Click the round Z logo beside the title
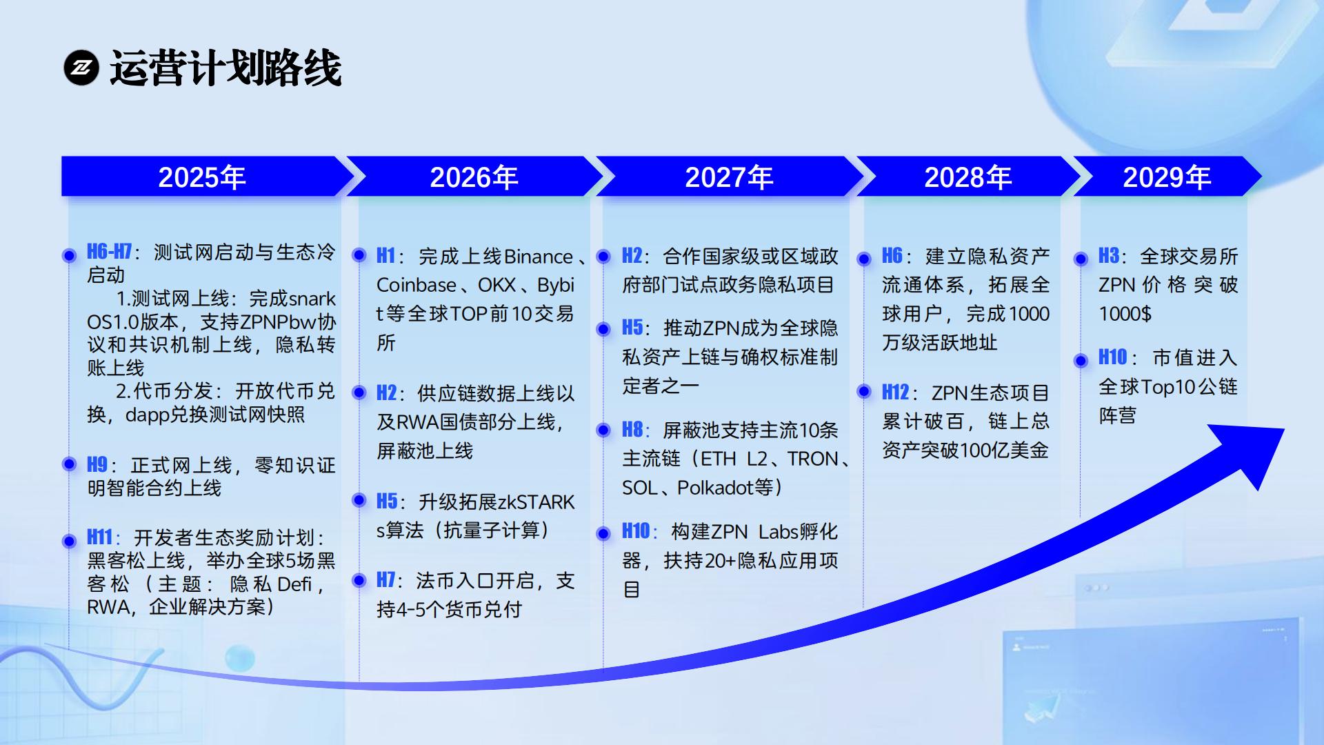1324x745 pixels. tap(81, 68)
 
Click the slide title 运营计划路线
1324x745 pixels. tap(225, 68)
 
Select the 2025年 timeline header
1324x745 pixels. tap(202, 177)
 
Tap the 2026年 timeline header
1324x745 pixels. tap(474, 177)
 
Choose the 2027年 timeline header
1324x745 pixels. tap(729, 177)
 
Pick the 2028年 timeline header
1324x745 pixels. tap(968, 177)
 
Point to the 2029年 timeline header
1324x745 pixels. tap(1167, 177)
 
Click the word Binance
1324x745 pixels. tap(538, 257)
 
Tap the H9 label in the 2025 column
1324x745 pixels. tap(97, 465)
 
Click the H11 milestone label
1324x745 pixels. tap(100, 537)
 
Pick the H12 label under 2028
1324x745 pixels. tap(896, 392)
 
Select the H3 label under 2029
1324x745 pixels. tap(1109, 255)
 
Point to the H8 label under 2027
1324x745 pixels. tap(632, 429)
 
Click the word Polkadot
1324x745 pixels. tap(715, 488)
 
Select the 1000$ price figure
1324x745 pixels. tap(1125, 314)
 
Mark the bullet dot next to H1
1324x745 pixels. tap(359, 255)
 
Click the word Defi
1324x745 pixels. tap(294, 584)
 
